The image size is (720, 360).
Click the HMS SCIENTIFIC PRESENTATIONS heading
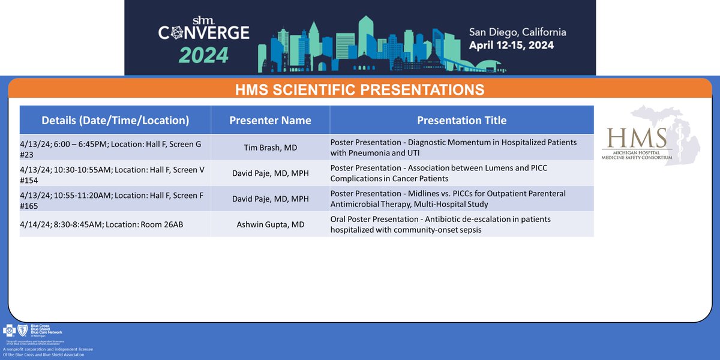[x=360, y=90]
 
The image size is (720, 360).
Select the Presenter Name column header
[x=270, y=121]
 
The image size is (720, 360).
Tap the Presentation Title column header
[x=461, y=121]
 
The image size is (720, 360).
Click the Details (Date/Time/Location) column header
[x=115, y=121]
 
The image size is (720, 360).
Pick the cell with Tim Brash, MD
[x=270, y=148]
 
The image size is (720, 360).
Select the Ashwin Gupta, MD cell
[x=270, y=224]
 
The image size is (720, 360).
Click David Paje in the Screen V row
[x=270, y=173]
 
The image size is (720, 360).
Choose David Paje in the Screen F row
[x=270, y=199]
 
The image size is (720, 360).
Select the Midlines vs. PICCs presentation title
[x=447, y=199]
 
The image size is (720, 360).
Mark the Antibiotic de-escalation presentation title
[x=440, y=224]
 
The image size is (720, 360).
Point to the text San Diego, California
[x=518, y=32]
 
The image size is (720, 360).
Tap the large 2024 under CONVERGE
[x=195, y=55]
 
